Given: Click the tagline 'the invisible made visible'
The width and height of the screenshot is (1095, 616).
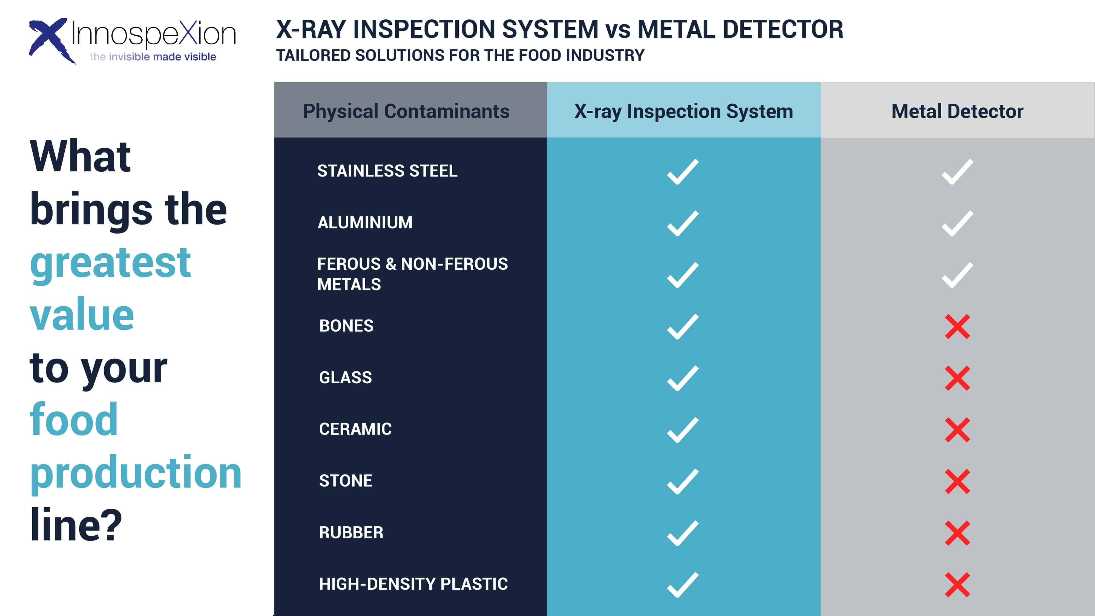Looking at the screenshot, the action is coord(153,57).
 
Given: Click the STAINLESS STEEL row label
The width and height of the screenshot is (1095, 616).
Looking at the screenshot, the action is coord(387,171).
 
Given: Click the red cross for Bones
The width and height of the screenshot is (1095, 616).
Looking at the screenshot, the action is coord(957,327).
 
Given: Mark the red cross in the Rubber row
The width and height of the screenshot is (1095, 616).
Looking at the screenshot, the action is coord(957,533).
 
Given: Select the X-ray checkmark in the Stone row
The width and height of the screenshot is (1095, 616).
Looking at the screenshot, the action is coord(683,482).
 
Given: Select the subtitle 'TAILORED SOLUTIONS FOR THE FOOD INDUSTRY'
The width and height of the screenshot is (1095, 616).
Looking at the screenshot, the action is coord(460,56).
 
